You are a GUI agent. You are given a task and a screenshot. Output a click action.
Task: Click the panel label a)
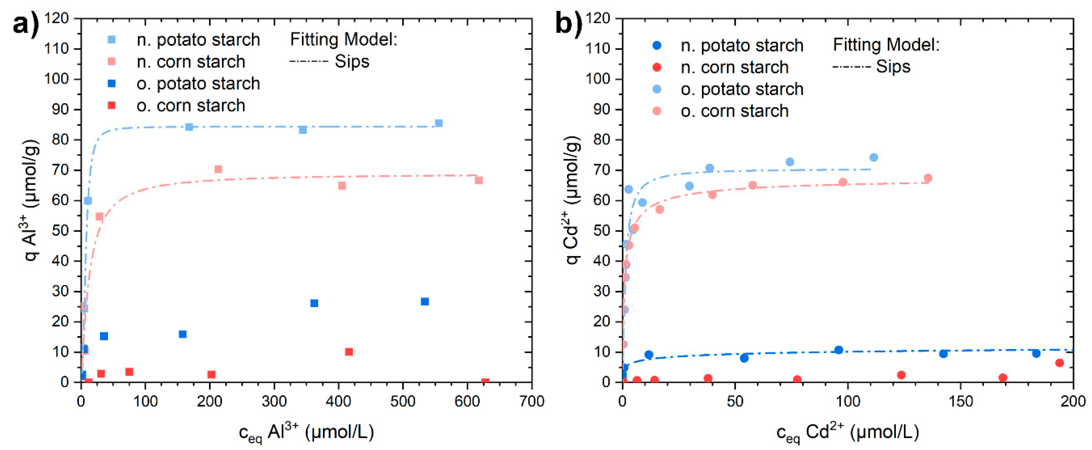click(x=25, y=25)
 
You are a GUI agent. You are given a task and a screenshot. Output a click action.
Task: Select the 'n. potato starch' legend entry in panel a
click(x=198, y=40)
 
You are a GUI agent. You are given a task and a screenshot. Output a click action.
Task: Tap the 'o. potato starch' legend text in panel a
click(x=198, y=84)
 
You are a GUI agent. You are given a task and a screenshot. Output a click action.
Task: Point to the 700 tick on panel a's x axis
click(x=531, y=401)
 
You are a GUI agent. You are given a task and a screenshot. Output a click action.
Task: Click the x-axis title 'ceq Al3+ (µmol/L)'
click(x=306, y=433)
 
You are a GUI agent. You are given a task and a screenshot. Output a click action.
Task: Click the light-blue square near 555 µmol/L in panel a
click(x=439, y=123)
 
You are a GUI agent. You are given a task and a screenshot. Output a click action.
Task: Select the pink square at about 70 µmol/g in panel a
click(x=218, y=169)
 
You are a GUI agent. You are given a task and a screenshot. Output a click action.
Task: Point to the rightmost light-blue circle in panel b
click(x=873, y=157)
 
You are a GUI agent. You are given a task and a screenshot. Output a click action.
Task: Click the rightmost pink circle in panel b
click(x=928, y=178)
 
